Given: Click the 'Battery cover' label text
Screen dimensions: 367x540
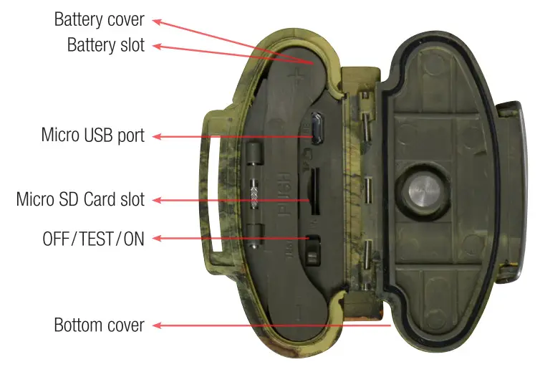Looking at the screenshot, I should pos(99,19).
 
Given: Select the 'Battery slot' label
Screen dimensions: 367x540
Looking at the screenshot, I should pos(105,45).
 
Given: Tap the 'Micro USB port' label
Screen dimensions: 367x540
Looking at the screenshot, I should pos(92,135).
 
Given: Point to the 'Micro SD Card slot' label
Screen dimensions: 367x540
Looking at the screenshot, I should pos(80,199).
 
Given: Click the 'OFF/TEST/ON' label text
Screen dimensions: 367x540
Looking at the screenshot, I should pos(93,239).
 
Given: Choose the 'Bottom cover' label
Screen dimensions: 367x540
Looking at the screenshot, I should pos(99,325).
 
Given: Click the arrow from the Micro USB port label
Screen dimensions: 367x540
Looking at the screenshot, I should pos(229,135).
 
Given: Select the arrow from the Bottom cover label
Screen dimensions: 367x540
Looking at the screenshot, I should pos(272,325).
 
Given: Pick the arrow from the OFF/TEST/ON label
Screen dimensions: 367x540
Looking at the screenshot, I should pos(229,239).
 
